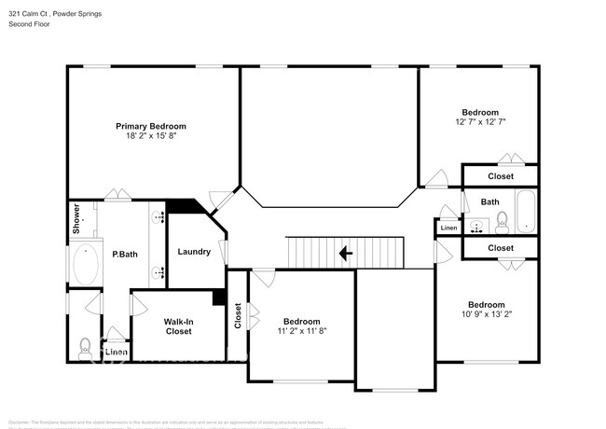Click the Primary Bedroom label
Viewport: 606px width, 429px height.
[151, 126]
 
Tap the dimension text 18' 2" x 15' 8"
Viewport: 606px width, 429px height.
[151, 136]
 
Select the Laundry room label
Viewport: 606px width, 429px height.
[194, 252]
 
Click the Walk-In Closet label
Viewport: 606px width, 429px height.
[178, 326]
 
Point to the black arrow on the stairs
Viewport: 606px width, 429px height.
[345, 252]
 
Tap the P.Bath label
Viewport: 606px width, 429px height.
[126, 254]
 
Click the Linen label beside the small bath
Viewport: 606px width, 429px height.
[448, 228]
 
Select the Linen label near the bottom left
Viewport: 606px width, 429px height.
[116, 353]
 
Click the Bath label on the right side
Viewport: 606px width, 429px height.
[490, 201]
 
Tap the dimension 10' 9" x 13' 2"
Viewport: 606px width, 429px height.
[486, 315]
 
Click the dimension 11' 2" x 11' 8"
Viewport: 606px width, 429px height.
[301, 330]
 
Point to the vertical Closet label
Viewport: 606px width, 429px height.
[239, 317]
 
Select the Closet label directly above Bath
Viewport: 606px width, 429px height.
[501, 176]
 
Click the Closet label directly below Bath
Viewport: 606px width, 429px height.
[501, 248]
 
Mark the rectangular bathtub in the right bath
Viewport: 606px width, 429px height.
[526, 213]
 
